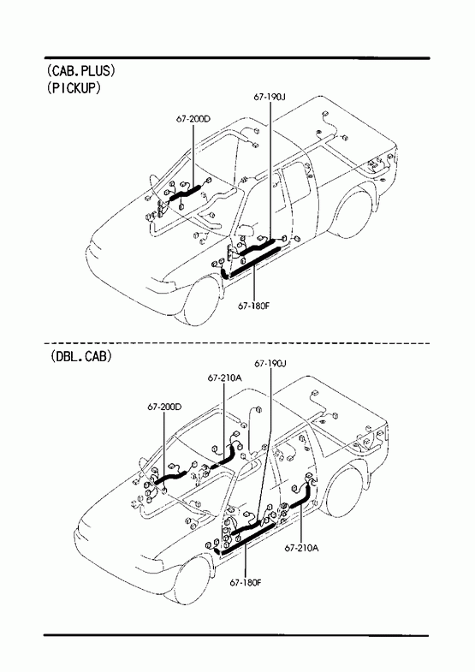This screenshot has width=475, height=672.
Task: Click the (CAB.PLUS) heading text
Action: click(81, 71)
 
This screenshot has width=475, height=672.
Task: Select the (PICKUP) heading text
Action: click(74, 88)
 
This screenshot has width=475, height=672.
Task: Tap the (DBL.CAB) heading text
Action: click(80, 356)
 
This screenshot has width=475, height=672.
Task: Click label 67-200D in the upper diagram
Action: click(193, 119)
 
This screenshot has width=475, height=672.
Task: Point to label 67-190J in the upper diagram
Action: click(270, 98)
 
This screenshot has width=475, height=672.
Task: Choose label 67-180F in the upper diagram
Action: click(254, 306)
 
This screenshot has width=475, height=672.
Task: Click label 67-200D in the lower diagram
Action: click(164, 407)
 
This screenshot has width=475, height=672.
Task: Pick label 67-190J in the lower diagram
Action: click(270, 364)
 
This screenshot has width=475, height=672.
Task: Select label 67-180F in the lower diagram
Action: click(246, 582)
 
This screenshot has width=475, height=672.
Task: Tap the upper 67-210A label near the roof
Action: click(225, 378)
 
